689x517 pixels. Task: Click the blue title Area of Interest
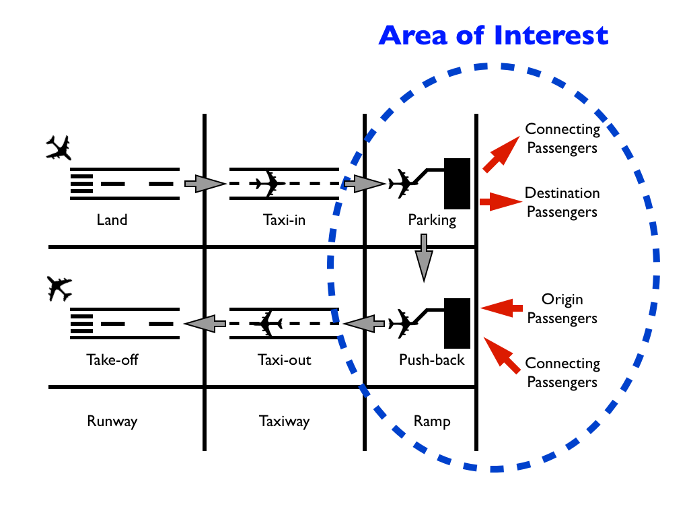pos(493,35)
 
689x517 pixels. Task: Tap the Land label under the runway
pos(112,219)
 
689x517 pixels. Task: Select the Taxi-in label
pos(284,219)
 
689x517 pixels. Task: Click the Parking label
pos(431,219)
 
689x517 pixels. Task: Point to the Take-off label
pos(112,359)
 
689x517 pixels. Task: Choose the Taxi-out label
pos(284,359)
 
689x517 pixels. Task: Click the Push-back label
pos(431,359)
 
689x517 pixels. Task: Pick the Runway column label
pos(112,421)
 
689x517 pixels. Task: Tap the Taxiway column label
pos(284,421)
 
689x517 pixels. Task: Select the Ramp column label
pos(431,421)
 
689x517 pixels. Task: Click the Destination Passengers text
pos(562,203)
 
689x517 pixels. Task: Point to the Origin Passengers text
pos(562,309)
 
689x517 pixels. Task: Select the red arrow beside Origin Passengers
pos(501,308)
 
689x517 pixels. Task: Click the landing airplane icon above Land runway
pos(59,147)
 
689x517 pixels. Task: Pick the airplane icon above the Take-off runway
pos(59,289)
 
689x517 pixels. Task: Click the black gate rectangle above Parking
pos(457,184)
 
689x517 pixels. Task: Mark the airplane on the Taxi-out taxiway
pos(270,324)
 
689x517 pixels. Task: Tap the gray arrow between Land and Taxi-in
pos(204,182)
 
